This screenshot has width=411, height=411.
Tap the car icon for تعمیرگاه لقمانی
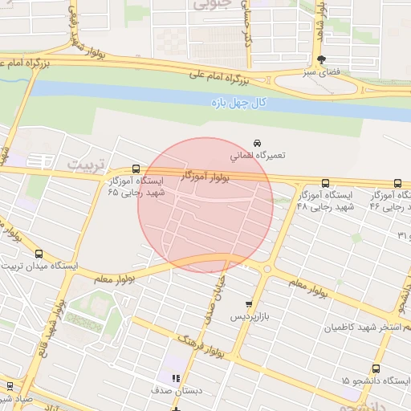click(x=255, y=141)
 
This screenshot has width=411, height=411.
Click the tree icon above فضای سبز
click(x=322, y=59)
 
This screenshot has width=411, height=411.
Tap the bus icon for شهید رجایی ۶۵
click(x=135, y=170)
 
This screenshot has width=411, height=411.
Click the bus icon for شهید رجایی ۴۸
click(x=325, y=183)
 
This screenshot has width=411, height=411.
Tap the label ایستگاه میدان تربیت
click(x=40, y=266)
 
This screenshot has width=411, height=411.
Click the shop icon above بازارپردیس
click(x=249, y=304)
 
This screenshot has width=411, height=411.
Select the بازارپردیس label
click(x=248, y=317)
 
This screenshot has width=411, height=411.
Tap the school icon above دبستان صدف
click(x=175, y=378)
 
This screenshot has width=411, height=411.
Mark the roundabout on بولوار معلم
click(x=267, y=270)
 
